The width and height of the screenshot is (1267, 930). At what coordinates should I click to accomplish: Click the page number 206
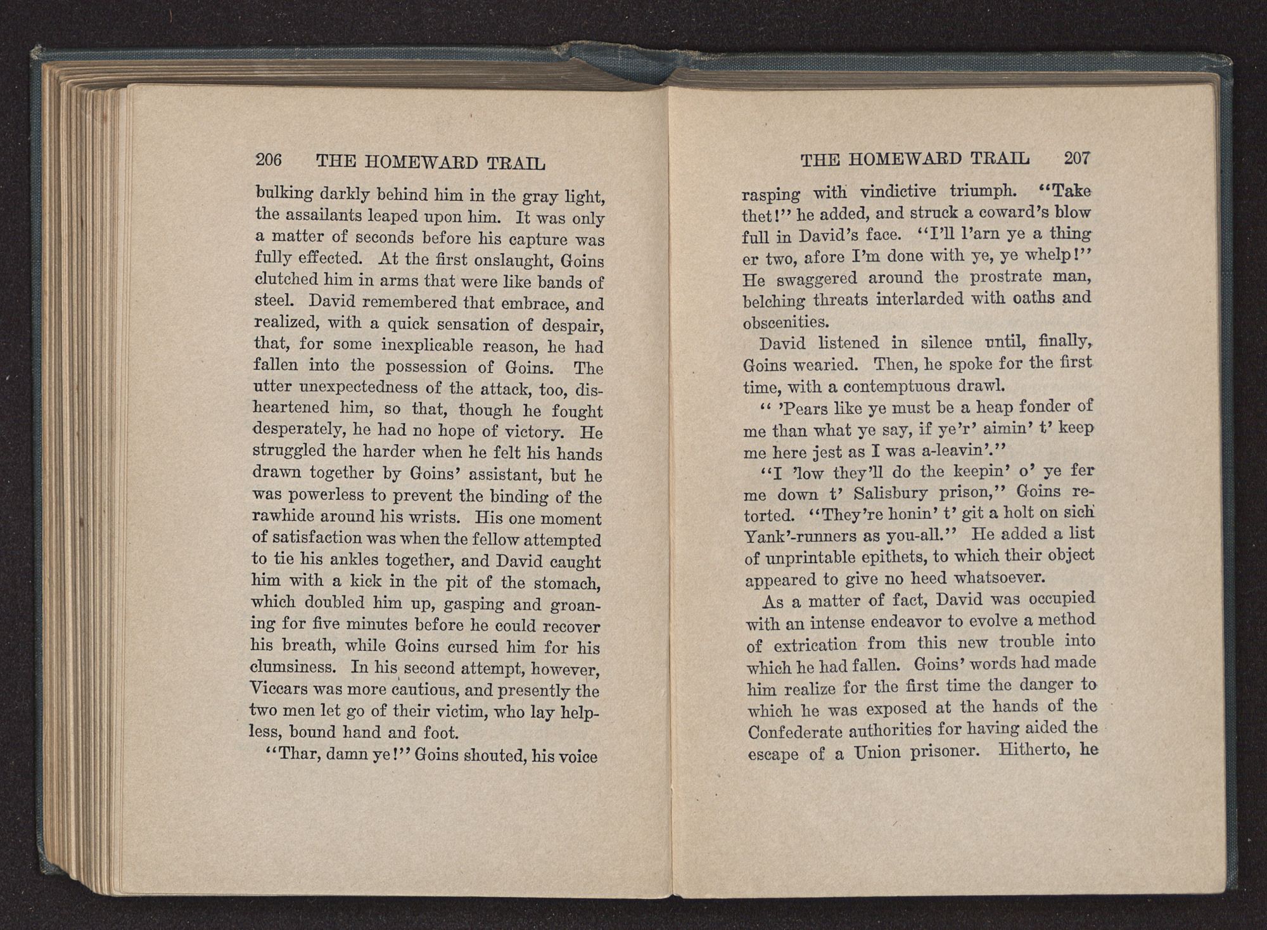click(x=268, y=160)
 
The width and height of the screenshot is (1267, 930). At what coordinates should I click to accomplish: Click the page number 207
click(x=1077, y=158)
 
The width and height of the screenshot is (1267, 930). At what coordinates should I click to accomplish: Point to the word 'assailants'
click(x=325, y=215)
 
